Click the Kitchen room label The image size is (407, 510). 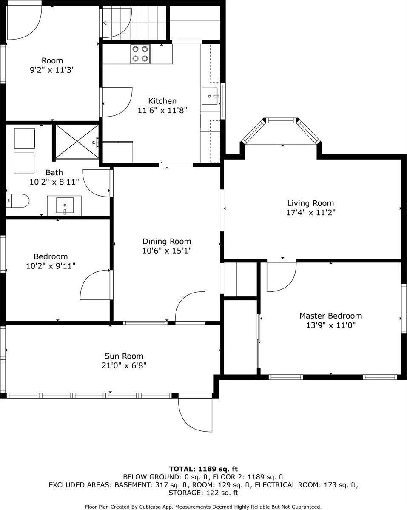[x=162, y=101]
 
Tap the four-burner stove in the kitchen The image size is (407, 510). [x=140, y=54]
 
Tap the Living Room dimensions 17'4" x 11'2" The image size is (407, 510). [x=310, y=213]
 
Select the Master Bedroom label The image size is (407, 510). [x=330, y=316]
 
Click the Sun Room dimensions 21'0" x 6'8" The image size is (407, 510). [x=124, y=365]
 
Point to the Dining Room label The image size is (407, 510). [x=166, y=241]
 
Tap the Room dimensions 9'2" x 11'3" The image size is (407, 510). [x=52, y=70]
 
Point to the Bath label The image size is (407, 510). [x=54, y=173]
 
